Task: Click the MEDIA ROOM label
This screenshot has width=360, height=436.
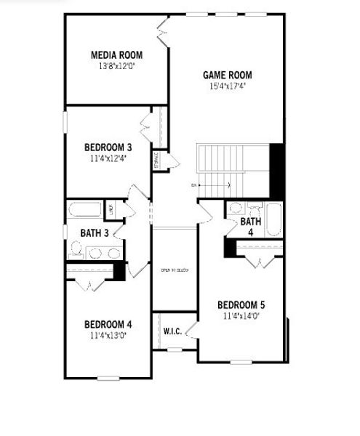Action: pyautogui.click(x=116, y=55)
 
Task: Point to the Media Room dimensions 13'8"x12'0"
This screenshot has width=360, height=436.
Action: pyautogui.click(x=117, y=65)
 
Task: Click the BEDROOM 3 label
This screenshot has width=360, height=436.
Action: pyautogui.click(x=108, y=147)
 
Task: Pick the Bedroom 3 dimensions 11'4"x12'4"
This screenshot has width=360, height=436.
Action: pyautogui.click(x=108, y=158)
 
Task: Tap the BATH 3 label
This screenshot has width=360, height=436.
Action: pyautogui.click(x=95, y=233)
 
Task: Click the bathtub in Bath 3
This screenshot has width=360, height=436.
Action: pyautogui.click(x=86, y=211)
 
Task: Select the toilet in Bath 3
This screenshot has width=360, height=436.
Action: pyautogui.click(x=75, y=252)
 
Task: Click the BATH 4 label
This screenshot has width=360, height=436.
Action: pyautogui.click(x=250, y=227)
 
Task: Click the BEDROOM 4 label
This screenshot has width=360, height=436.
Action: pyautogui.click(x=108, y=324)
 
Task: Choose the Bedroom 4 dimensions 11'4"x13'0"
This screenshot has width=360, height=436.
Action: pyautogui.click(x=108, y=335)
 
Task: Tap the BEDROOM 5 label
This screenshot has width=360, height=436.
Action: pyautogui.click(x=241, y=305)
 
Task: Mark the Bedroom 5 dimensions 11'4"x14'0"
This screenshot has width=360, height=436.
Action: pyautogui.click(x=241, y=316)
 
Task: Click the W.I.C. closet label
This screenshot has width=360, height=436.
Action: pyautogui.click(x=172, y=331)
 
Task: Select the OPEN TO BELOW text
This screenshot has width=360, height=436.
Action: pyautogui.click(x=175, y=270)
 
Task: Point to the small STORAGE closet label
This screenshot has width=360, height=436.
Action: pyautogui.click(x=156, y=161)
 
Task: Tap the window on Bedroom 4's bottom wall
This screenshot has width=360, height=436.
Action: pyautogui.click(x=108, y=377)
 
